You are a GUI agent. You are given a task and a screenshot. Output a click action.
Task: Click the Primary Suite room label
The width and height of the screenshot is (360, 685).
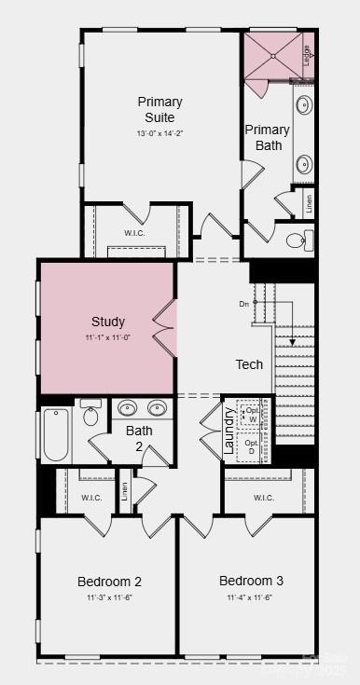pos(159,109)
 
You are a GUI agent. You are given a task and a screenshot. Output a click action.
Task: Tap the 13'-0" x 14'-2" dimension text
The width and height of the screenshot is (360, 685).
pos(159,133)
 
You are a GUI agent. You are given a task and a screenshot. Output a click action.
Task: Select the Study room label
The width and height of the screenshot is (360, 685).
pos(108,322)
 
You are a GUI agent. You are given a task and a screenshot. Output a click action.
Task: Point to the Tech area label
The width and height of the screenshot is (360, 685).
pos(249,364)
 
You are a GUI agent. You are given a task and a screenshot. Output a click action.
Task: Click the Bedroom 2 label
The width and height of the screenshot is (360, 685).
pos(109,582)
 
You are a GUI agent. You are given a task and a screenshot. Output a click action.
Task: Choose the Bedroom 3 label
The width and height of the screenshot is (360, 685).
pos(251,581)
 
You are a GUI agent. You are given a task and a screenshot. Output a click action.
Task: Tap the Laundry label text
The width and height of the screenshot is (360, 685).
pos(229,431)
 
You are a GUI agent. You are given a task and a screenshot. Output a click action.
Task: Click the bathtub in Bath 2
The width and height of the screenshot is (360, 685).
pos(55,434)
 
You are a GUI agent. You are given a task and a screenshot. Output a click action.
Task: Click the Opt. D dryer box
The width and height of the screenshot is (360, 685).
pos(251,446)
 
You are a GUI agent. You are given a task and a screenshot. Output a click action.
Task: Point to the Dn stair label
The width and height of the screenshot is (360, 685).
pos(244,303)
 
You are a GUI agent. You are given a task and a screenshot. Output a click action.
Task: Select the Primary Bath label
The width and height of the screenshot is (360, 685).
pos(267,137)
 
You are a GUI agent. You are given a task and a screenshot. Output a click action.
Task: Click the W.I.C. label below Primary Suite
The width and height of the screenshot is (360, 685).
pos(136,233)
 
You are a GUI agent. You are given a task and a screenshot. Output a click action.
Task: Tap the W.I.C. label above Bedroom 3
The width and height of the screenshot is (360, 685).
pos(263,498)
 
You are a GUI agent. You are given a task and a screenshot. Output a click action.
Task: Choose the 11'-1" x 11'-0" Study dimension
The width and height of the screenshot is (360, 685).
pos(108,336)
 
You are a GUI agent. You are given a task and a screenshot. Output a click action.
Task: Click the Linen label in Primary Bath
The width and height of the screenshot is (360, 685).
pos(309,201)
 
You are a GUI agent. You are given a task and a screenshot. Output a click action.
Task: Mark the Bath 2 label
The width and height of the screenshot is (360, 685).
pos(139,438)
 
